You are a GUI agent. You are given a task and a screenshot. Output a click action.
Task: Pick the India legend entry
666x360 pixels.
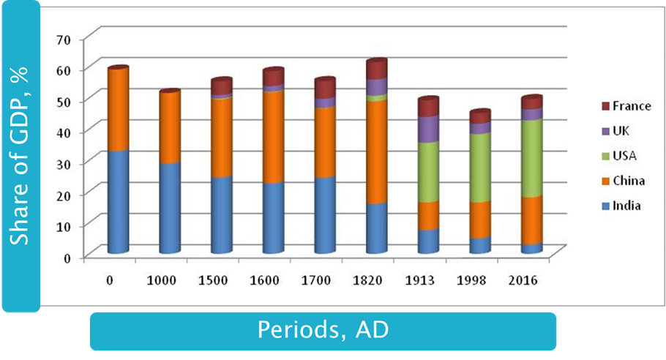(626, 206)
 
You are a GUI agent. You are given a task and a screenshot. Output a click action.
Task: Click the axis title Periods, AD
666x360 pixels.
(323, 330)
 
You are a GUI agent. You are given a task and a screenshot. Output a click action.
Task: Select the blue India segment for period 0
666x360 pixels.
(117, 201)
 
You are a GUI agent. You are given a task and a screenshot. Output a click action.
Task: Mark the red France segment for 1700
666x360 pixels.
(324, 89)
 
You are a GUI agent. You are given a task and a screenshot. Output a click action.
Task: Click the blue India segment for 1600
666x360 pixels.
(272, 217)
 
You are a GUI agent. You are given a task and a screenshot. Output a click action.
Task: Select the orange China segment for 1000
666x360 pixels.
(169, 127)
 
